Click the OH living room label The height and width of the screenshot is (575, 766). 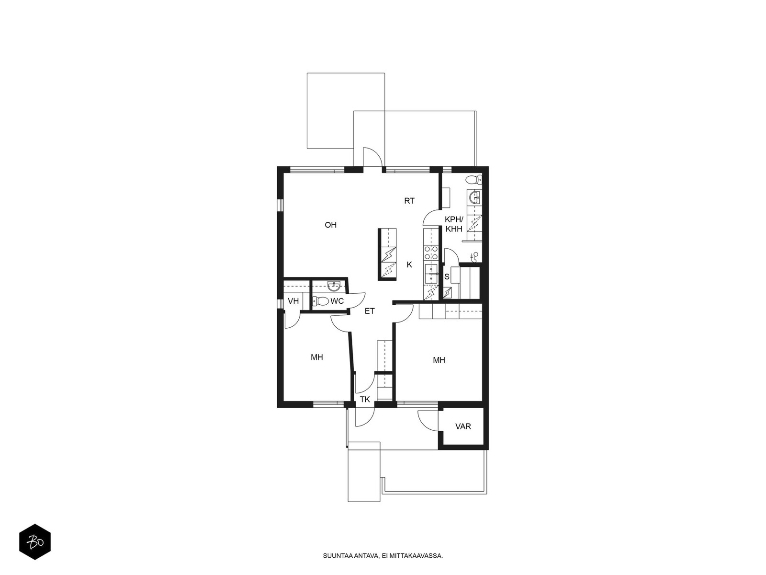(x=330, y=225)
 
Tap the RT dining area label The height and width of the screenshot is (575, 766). (x=409, y=201)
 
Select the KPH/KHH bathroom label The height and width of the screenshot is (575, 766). (x=454, y=224)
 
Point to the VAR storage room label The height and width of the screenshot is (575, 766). (x=463, y=426)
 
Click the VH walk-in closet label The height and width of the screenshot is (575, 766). (x=293, y=301)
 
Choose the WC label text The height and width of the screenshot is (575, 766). (x=337, y=301)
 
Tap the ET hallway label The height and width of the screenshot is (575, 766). (x=370, y=311)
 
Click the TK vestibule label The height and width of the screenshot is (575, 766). (x=365, y=400)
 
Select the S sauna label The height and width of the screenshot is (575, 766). (x=447, y=277)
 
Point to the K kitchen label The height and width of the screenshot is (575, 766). (x=409, y=264)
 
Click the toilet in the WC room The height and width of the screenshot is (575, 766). (x=321, y=300)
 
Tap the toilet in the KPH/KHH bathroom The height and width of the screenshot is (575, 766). (x=473, y=180)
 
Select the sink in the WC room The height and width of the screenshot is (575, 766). (x=334, y=286)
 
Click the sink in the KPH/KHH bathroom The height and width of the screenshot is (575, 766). (x=474, y=197)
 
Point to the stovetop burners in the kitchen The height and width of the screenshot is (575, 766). (x=431, y=253)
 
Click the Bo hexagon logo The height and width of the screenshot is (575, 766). (x=35, y=541)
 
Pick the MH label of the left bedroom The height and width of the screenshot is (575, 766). (x=317, y=357)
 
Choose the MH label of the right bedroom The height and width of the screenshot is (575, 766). (x=439, y=360)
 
